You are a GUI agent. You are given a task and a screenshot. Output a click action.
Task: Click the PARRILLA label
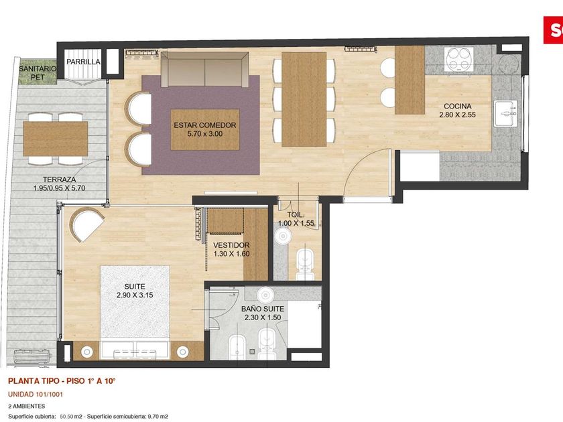click(x=83, y=62)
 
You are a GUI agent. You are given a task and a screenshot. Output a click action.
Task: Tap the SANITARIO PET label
click(x=38, y=73)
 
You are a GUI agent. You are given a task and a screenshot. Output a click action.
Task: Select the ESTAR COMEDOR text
click(x=205, y=125)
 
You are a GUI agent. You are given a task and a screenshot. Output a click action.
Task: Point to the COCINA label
click(x=457, y=107)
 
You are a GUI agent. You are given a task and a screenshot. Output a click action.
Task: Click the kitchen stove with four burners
click(x=459, y=58)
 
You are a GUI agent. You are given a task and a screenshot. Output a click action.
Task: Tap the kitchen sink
click(x=505, y=114)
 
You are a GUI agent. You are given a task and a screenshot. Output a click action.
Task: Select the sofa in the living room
click(x=205, y=69)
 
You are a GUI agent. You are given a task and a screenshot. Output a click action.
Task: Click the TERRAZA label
click(x=59, y=180)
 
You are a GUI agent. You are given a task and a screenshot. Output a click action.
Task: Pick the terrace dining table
click(x=56, y=139)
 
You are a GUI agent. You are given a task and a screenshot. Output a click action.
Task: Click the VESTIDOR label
click(x=231, y=245)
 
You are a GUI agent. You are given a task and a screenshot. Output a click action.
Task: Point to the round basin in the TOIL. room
click(x=284, y=236)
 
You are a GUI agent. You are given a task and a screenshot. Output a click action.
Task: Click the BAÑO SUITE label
click(x=263, y=309)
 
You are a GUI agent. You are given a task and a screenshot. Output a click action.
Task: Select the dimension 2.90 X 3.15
click(x=135, y=295)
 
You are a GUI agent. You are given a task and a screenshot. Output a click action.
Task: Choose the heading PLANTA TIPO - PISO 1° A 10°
click(x=62, y=380)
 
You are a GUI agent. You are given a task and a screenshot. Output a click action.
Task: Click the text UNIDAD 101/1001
click(x=36, y=395)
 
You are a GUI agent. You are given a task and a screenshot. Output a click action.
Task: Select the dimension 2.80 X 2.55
click(x=457, y=115)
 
